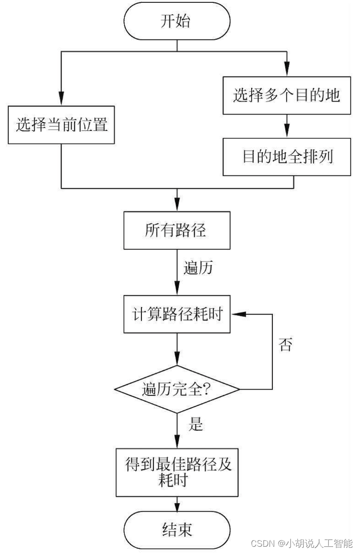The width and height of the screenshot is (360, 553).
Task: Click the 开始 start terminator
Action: [x=177, y=22]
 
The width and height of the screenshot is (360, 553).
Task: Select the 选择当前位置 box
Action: [x=62, y=125]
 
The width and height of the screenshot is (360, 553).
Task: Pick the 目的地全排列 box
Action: [x=287, y=156]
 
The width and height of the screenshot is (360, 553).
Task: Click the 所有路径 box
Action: [x=177, y=230]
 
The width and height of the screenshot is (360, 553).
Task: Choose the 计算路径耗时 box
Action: [x=177, y=315]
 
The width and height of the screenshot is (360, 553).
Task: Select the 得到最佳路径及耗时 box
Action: [x=177, y=472]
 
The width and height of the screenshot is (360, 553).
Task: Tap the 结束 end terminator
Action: [x=177, y=529]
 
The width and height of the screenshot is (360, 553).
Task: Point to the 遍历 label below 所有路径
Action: [x=198, y=267]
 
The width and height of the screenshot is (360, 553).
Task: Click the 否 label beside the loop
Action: [x=285, y=345]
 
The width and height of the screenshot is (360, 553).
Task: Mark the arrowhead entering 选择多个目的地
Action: [x=287, y=71]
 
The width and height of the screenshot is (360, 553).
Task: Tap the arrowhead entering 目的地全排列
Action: [x=287, y=133]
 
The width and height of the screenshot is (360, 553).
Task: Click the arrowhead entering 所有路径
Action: [x=177, y=206]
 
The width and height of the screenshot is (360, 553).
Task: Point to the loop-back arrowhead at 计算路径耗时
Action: [x=237, y=314]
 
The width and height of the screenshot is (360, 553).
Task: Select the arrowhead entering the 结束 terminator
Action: [x=177, y=507]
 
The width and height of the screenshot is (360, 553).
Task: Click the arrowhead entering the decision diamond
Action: [x=177, y=360]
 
